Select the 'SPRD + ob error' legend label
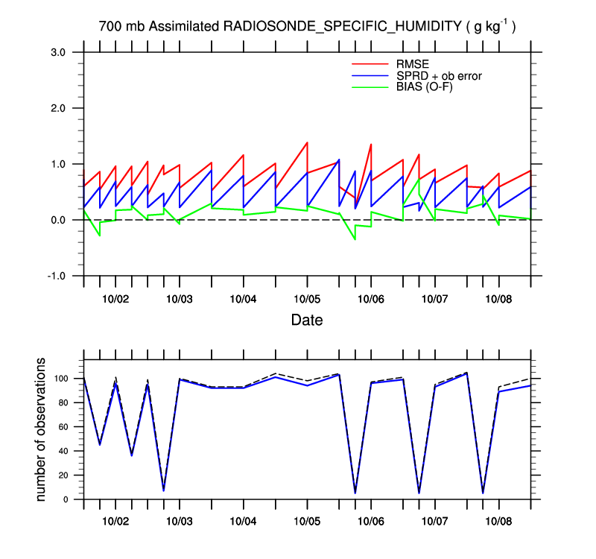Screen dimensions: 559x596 click(438, 75)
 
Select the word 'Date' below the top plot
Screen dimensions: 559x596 click(307, 320)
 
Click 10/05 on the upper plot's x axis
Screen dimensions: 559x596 click(307, 299)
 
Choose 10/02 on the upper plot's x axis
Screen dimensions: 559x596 click(115, 299)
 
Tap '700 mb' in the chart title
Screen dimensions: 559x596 click(121, 27)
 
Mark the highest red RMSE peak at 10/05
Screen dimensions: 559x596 click(307, 142)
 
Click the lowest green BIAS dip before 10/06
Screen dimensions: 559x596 click(355, 239)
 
